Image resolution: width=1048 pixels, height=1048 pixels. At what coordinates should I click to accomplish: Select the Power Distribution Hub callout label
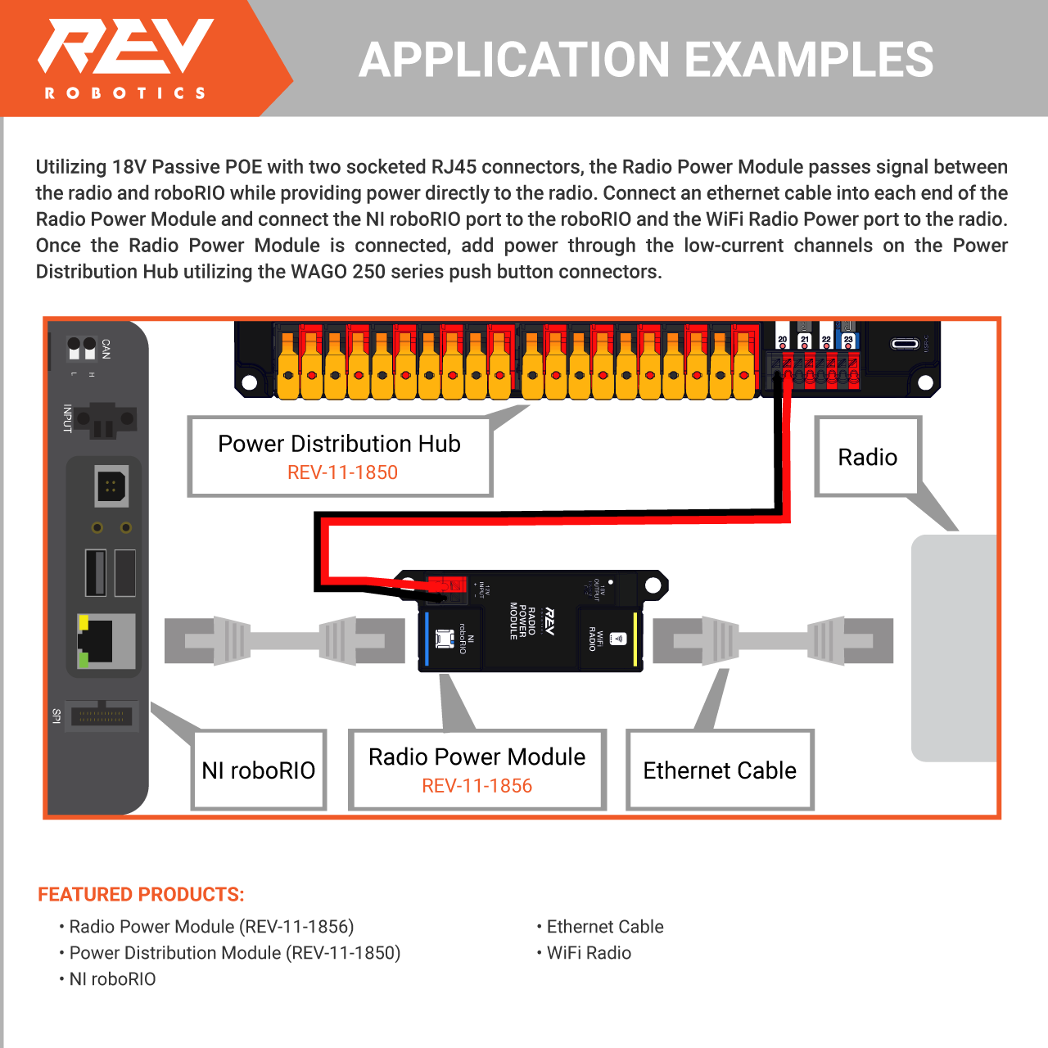pyautogui.click(x=340, y=456)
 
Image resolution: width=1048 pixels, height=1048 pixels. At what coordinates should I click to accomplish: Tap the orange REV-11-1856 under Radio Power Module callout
pyautogui.click(x=477, y=786)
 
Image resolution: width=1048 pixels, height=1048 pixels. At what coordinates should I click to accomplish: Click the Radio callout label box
pyautogui.click(x=868, y=457)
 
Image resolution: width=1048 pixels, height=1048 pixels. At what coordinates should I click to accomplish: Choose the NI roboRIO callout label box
pyautogui.click(x=259, y=770)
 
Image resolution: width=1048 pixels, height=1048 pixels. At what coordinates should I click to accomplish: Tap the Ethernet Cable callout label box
pyautogui.click(x=720, y=770)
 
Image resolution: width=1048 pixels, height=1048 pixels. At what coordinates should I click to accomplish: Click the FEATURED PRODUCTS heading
pyautogui.click(x=141, y=894)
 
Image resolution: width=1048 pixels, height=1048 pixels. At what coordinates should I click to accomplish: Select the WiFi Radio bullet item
pyautogui.click(x=588, y=953)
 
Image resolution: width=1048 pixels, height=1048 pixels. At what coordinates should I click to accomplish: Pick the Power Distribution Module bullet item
pyautogui.click(x=234, y=953)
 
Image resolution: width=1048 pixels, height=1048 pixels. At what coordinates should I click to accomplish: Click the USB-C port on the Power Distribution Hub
pyautogui.click(x=904, y=343)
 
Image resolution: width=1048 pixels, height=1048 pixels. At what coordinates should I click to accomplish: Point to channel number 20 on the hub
pyautogui.click(x=782, y=340)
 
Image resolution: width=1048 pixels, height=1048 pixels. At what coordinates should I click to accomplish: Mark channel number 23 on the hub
pyautogui.click(x=848, y=340)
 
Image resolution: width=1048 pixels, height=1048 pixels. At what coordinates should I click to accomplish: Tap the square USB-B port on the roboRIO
pyautogui.click(x=111, y=488)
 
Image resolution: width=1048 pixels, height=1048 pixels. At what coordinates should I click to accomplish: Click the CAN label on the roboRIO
pyautogui.click(x=106, y=349)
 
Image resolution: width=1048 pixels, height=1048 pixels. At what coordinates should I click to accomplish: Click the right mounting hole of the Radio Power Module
pyautogui.click(x=653, y=585)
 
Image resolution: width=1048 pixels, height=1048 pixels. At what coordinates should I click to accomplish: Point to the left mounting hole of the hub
pyautogui.click(x=249, y=382)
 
